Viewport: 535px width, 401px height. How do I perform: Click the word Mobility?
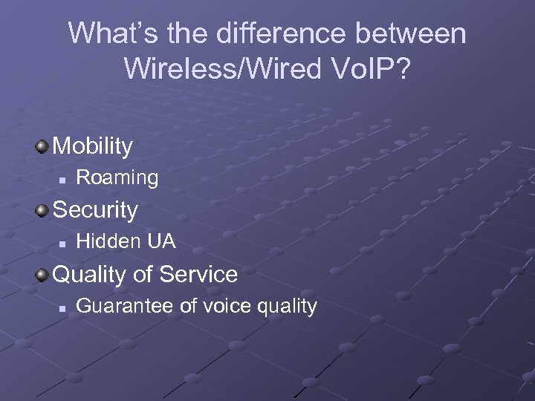(93, 146)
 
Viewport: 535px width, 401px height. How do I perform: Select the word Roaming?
(117, 177)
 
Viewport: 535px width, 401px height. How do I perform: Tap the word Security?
(95, 210)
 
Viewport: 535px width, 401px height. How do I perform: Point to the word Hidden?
(108, 241)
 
